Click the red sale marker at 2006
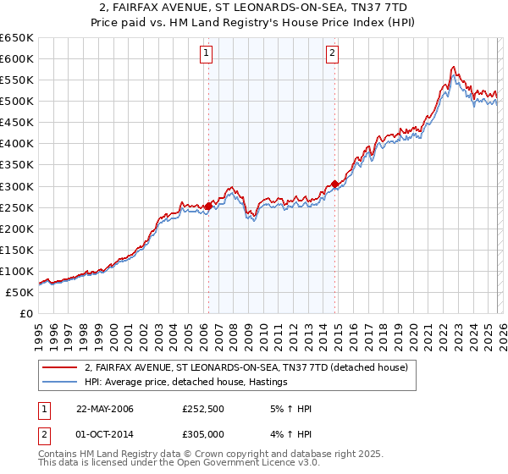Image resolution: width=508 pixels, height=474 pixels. [x=209, y=204]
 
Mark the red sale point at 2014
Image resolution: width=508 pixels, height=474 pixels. [x=335, y=184]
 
